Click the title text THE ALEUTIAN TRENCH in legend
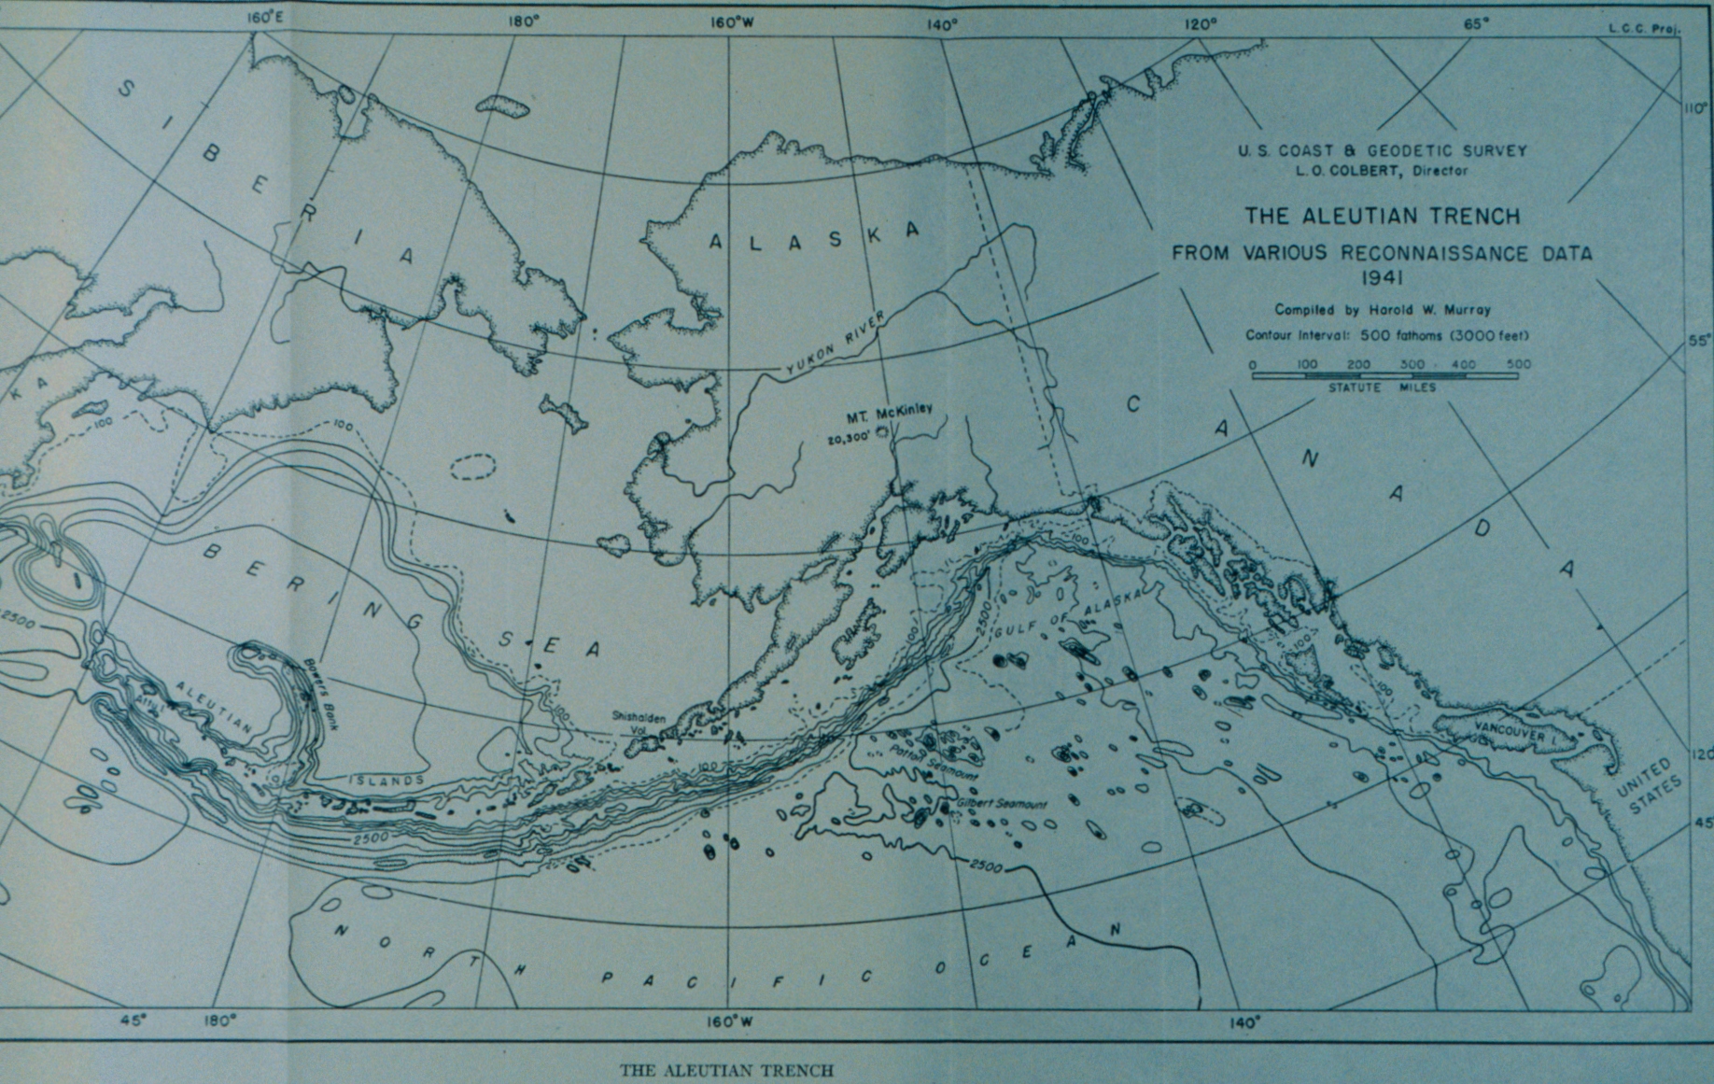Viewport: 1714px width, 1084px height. tap(1382, 217)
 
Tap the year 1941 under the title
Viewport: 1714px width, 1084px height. tap(1382, 276)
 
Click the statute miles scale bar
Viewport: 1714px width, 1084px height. tap(1384, 375)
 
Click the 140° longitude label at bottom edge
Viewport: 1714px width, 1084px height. tap(1245, 1022)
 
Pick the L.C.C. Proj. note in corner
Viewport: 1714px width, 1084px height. tap(1644, 29)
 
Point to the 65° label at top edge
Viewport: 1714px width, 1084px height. tap(1476, 24)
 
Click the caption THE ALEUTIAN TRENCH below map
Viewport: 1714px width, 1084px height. tap(726, 1070)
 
